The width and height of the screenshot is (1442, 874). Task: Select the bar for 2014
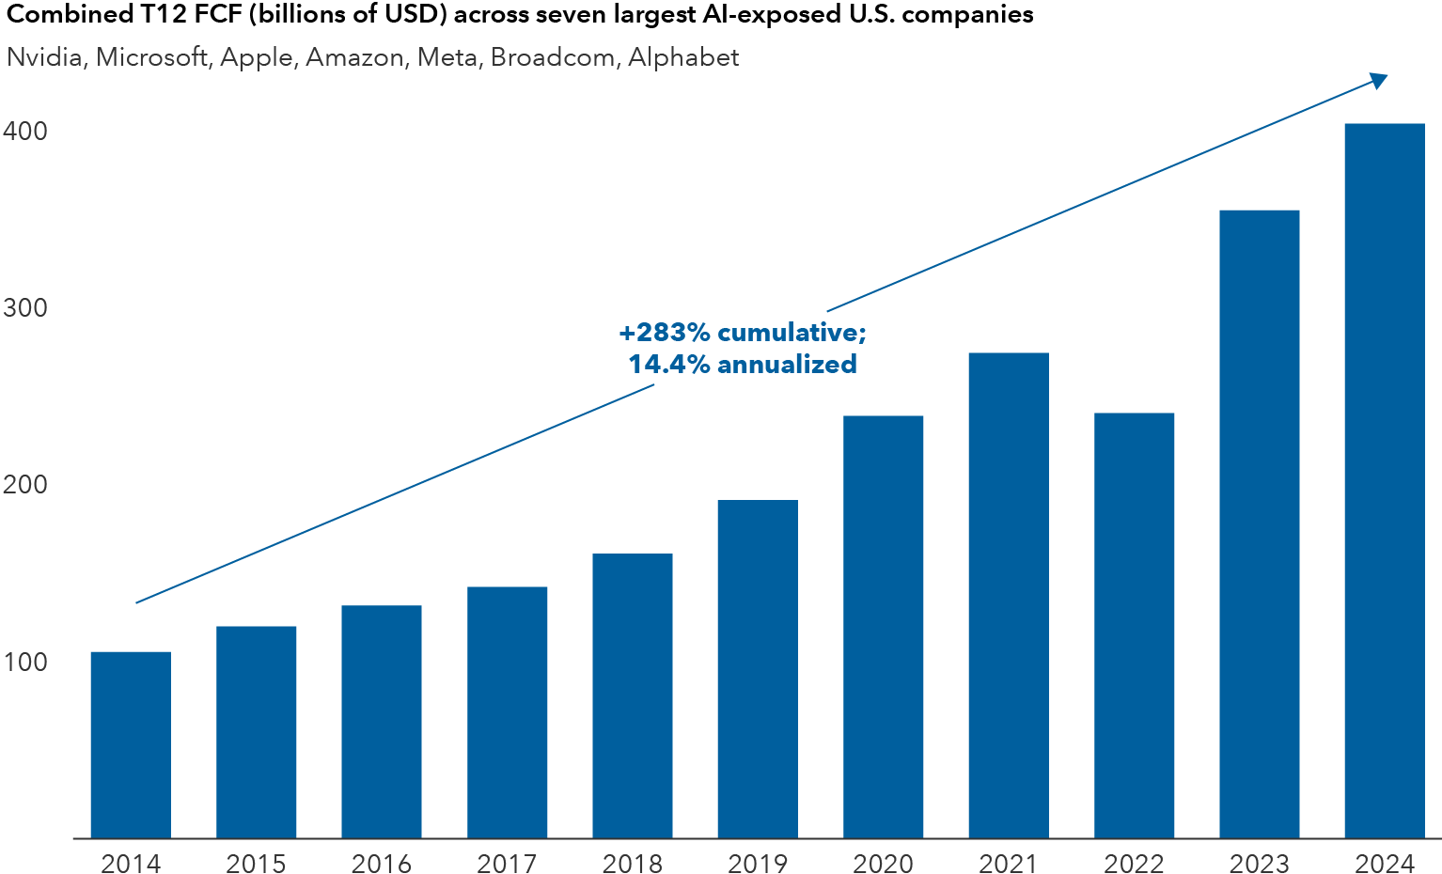coord(131,744)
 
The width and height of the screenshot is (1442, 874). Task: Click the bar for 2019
coord(758,668)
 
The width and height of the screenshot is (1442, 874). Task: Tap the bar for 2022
coord(1134,625)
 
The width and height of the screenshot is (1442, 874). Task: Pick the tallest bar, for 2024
coord(1385,480)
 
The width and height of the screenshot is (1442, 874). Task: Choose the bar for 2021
coord(1009,595)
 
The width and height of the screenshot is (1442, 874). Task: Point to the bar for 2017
coord(507,711)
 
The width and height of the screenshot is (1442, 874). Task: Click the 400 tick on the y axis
coord(25,132)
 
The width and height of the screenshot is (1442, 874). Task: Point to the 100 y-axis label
coord(25,662)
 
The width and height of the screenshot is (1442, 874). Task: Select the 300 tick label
coord(25,308)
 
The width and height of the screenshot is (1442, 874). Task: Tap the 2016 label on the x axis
coord(382,863)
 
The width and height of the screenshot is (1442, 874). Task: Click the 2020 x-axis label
coord(883,863)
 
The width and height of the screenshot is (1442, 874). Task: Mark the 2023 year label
coord(1260,863)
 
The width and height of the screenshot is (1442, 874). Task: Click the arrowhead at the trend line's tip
coord(1379,81)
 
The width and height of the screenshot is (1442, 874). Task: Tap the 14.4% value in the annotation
coord(668,365)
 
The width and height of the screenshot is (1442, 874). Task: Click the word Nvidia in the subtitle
coord(45,57)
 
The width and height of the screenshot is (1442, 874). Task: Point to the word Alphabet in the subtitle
coord(683,57)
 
